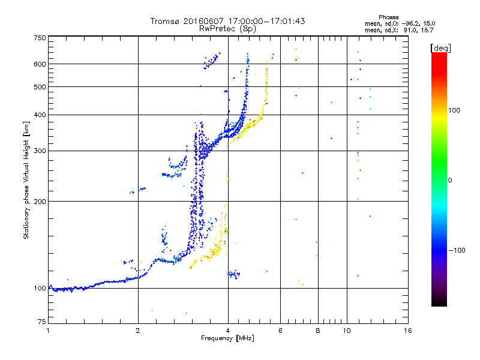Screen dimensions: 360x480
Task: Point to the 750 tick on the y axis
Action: [40, 38]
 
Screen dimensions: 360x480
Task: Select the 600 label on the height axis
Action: [40, 64]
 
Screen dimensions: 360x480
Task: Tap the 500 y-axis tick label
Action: [40, 87]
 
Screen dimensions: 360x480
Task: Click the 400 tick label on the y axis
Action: [40, 115]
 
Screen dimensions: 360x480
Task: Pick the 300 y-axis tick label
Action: [40, 151]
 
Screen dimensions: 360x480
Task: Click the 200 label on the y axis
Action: [40, 202]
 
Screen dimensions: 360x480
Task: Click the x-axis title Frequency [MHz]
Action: [227, 339]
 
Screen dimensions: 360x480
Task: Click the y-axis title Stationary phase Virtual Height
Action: [26, 180]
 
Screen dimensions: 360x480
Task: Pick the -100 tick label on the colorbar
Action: [458, 250]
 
